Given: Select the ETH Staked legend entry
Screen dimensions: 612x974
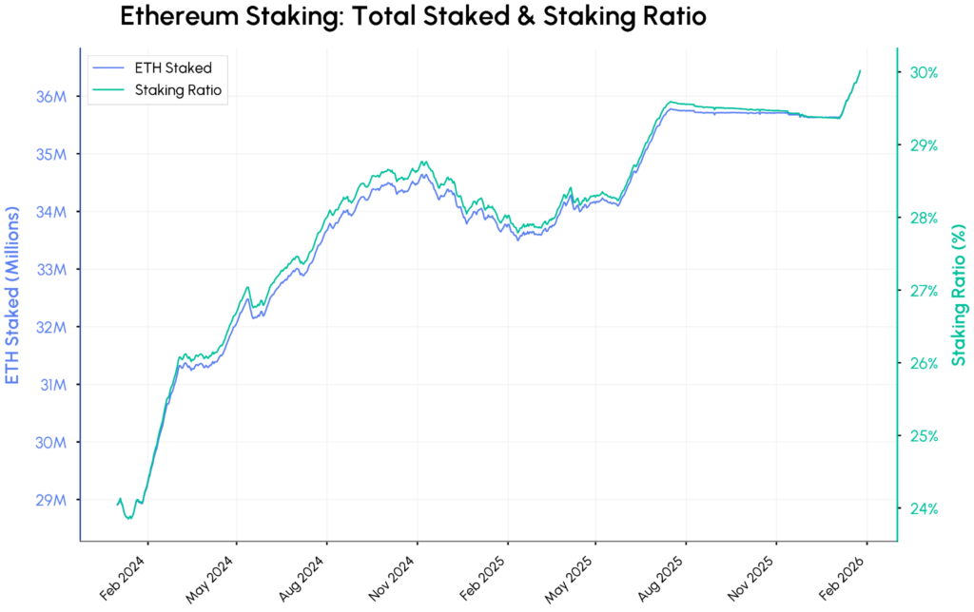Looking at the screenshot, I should point(172,67).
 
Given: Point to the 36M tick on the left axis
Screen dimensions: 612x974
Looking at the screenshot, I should point(50,96).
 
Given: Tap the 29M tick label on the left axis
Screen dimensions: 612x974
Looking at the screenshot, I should point(50,500).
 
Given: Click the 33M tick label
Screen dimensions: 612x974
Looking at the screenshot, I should point(50,269).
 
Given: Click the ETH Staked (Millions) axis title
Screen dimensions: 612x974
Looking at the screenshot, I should point(13,283).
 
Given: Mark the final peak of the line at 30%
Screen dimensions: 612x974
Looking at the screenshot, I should point(860,70).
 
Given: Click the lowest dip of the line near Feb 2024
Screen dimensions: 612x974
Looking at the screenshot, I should point(130,518).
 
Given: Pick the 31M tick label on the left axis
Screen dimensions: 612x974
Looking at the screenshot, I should point(50,385).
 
